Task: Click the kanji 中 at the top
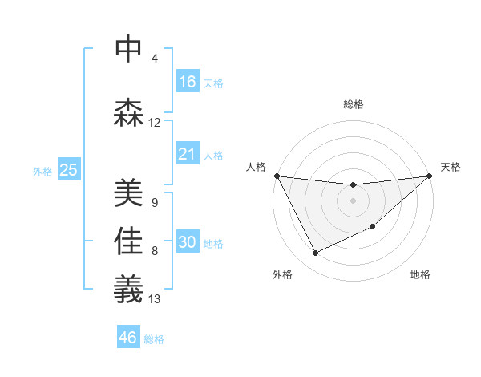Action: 129,50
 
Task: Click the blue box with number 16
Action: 188,81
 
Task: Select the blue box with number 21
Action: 188,153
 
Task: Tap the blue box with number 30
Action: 188,242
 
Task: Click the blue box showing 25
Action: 68,169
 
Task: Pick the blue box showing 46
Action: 128,337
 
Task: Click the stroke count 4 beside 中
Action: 155,59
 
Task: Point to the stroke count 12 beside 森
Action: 155,123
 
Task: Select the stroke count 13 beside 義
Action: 155,299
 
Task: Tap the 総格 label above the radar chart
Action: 354,104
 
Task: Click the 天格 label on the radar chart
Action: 451,167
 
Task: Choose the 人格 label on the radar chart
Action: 256,167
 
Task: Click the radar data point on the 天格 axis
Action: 429,176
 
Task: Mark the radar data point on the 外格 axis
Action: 315,253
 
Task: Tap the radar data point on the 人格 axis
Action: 277,176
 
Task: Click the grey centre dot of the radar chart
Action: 353,201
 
